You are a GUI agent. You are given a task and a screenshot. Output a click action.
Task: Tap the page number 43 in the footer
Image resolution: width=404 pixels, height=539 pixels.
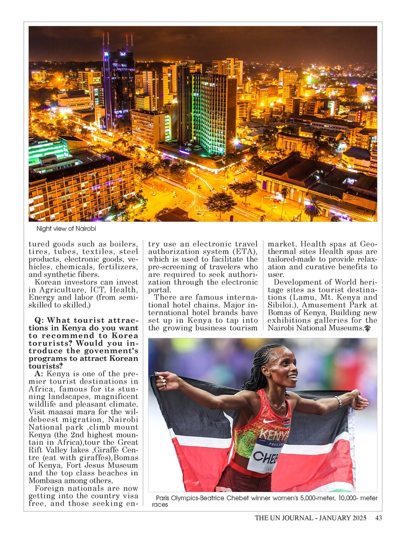(378, 519)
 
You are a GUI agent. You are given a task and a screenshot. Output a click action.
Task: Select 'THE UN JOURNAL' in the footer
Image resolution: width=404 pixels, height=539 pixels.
(285, 519)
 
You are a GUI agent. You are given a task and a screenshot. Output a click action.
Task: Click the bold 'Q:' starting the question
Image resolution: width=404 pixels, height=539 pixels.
(40, 321)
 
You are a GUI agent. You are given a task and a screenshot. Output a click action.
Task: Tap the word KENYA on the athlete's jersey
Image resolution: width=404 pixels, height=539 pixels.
(274, 434)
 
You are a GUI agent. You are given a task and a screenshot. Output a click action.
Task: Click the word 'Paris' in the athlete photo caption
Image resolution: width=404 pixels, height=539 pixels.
(165, 498)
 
